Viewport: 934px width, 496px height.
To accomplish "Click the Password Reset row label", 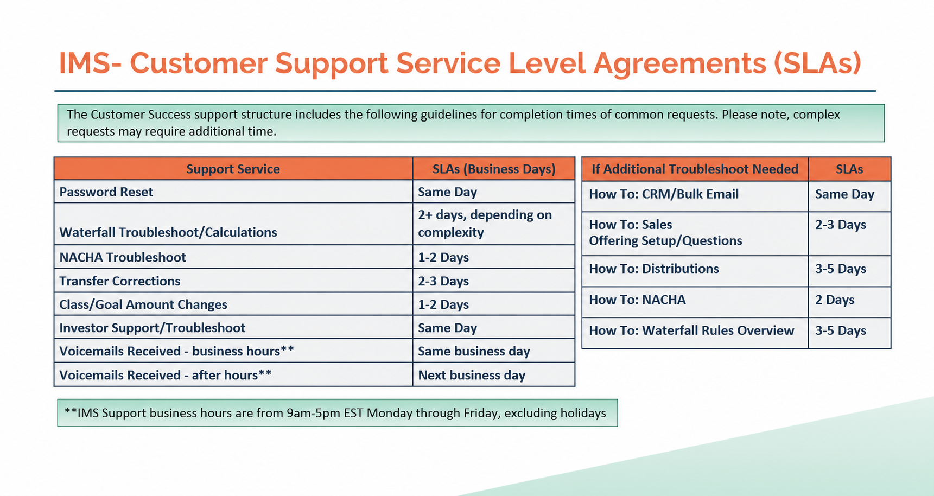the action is (106, 192).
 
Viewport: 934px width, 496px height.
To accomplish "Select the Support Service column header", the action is (233, 169).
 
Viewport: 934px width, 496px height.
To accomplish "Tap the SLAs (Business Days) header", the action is (494, 169).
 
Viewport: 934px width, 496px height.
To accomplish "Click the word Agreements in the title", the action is (679, 63).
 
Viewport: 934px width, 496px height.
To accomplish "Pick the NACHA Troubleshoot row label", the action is (123, 257).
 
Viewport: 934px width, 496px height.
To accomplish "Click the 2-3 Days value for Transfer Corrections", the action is (443, 281).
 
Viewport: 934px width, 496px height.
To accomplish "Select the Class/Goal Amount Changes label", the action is (143, 304).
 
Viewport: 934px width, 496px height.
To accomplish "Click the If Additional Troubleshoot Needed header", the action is (695, 169).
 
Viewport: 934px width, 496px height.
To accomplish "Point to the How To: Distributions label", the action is (654, 269).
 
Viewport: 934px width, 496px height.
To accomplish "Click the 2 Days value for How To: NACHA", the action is (835, 300).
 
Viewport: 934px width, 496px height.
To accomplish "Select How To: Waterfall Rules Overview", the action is (691, 330).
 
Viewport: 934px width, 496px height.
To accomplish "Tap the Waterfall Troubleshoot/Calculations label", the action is (168, 232).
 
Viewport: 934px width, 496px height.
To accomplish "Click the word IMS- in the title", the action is (90, 63).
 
